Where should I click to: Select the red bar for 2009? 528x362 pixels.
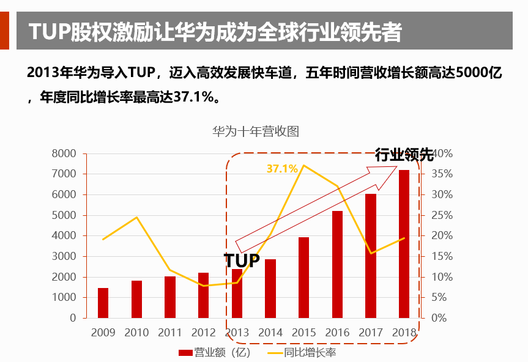103,303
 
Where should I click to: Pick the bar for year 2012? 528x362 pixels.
203,295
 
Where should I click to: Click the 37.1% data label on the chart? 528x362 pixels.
282,168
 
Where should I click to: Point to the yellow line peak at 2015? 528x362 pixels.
303,166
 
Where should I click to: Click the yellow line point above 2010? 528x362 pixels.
136,218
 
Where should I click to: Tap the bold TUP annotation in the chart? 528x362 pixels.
242,261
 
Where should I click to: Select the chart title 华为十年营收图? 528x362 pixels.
255,131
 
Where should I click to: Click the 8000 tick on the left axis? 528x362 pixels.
64,153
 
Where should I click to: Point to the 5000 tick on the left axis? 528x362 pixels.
64,215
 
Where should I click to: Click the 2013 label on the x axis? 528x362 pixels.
237,333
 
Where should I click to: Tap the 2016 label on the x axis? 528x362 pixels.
337,333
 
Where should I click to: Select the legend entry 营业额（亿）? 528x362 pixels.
214,353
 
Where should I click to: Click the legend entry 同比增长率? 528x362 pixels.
301,353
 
